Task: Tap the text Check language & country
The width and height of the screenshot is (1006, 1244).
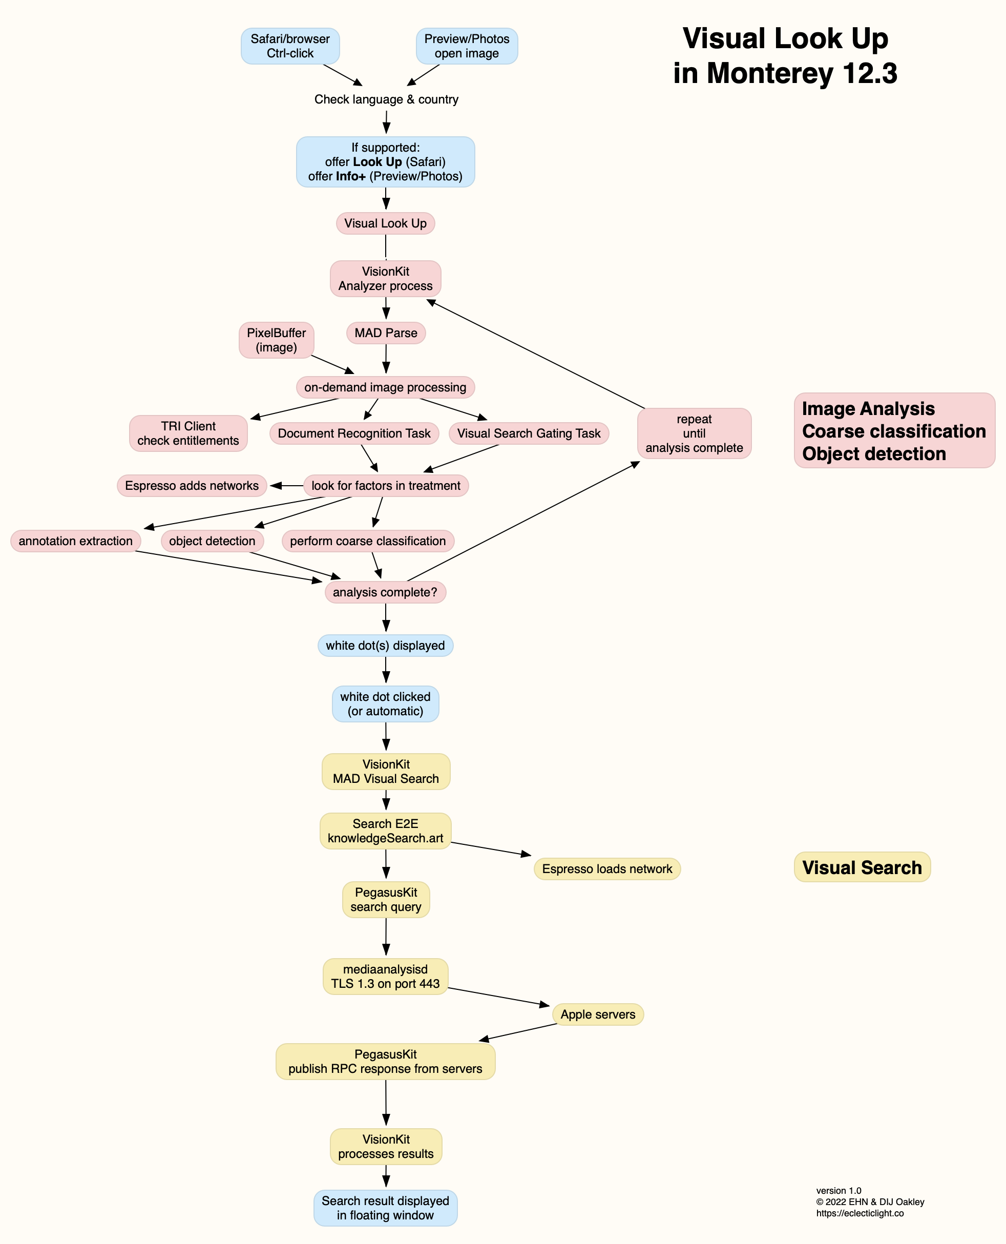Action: coord(386,99)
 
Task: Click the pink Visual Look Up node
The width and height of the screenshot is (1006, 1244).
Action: coord(385,223)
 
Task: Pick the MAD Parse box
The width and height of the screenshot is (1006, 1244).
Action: coord(386,333)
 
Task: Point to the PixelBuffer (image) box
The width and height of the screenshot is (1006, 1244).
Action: coord(277,340)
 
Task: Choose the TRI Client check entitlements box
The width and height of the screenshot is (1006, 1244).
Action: coord(188,433)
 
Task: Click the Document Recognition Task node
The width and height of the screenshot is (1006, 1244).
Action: coord(354,433)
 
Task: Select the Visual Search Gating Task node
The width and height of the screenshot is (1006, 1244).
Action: coord(529,433)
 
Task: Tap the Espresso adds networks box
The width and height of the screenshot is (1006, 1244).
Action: coord(192,486)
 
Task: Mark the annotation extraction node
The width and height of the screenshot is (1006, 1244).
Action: coord(75,541)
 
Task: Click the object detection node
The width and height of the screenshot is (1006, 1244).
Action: coord(212,541)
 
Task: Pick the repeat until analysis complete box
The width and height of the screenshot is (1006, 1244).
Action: coord(694,433)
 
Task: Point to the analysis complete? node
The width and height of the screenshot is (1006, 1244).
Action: coord(385,592)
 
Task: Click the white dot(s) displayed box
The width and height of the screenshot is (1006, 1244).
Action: coord(385,645)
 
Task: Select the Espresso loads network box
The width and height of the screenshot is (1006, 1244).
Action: coord(607,869)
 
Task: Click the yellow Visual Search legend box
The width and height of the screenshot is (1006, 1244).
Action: coord(862,867)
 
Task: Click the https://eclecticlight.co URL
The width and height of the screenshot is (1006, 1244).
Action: coord(860,1213)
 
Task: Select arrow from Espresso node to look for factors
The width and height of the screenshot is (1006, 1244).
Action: coord(287,486)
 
